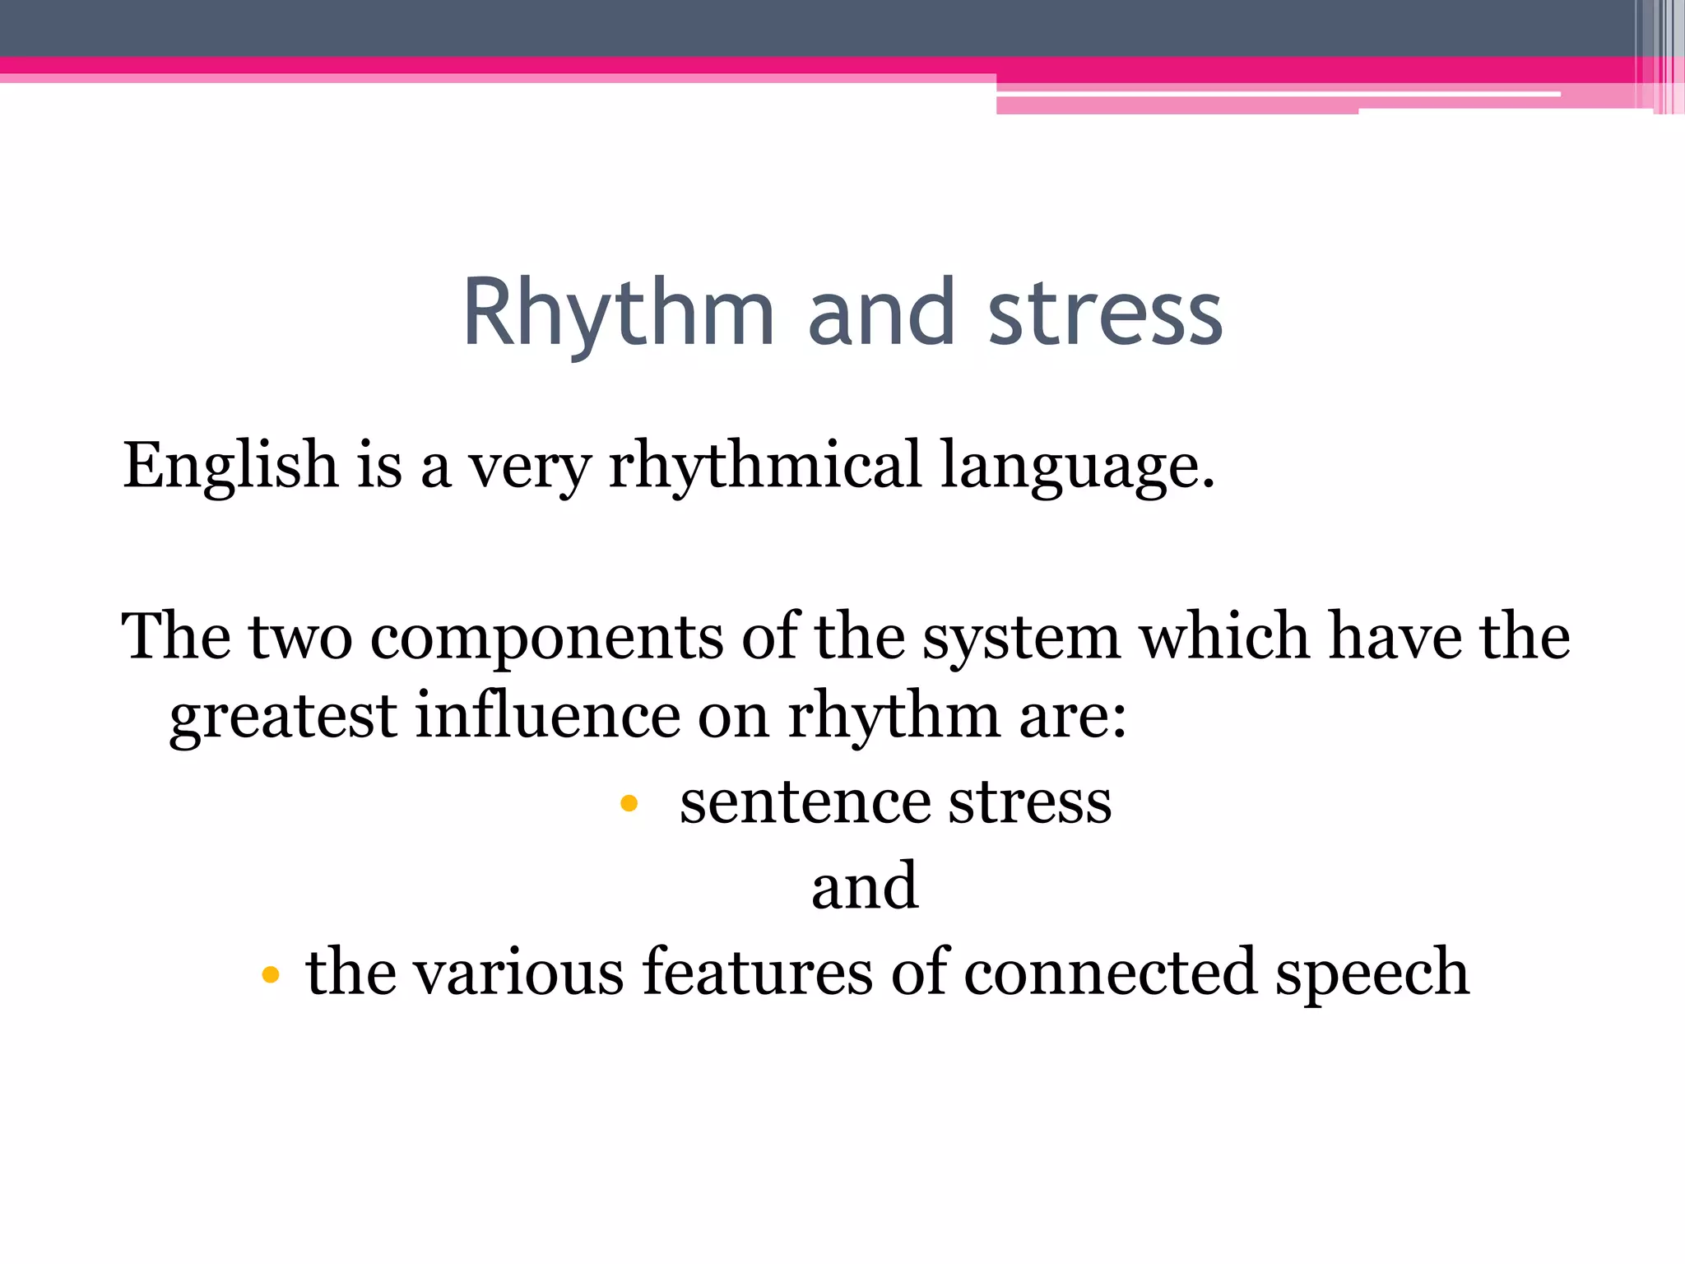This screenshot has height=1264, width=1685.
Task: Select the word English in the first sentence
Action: click(x=230, y=466)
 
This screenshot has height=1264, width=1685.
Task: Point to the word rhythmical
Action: click(x=764, y=466)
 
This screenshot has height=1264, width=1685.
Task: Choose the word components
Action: click(x=546, y=639)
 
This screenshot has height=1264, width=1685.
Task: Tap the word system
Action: click(x=1021, y=639)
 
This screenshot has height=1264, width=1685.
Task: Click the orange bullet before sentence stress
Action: click(x=629, y=804)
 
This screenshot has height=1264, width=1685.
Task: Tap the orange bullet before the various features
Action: click(x=270, y=976)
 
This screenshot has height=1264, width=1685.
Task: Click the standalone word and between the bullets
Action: click(x=865, y=887)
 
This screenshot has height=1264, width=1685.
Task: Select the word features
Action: click(x=757, y=973)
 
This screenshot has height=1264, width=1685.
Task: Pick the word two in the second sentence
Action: click(x=300, y=639)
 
